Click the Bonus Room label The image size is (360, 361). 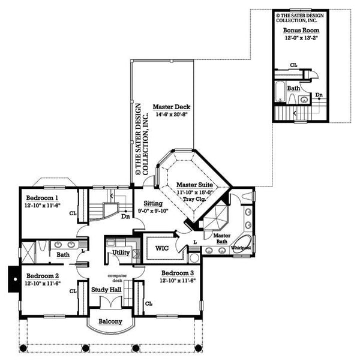point(301,29)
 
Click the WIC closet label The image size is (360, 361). point(161,247)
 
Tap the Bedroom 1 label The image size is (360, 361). point(42,197)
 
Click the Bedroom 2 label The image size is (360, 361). point(42,276)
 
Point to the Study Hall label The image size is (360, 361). point(107,290)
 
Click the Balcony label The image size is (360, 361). point(110,321)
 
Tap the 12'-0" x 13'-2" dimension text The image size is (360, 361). point(302,37)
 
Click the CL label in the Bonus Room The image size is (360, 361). point(293,64)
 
